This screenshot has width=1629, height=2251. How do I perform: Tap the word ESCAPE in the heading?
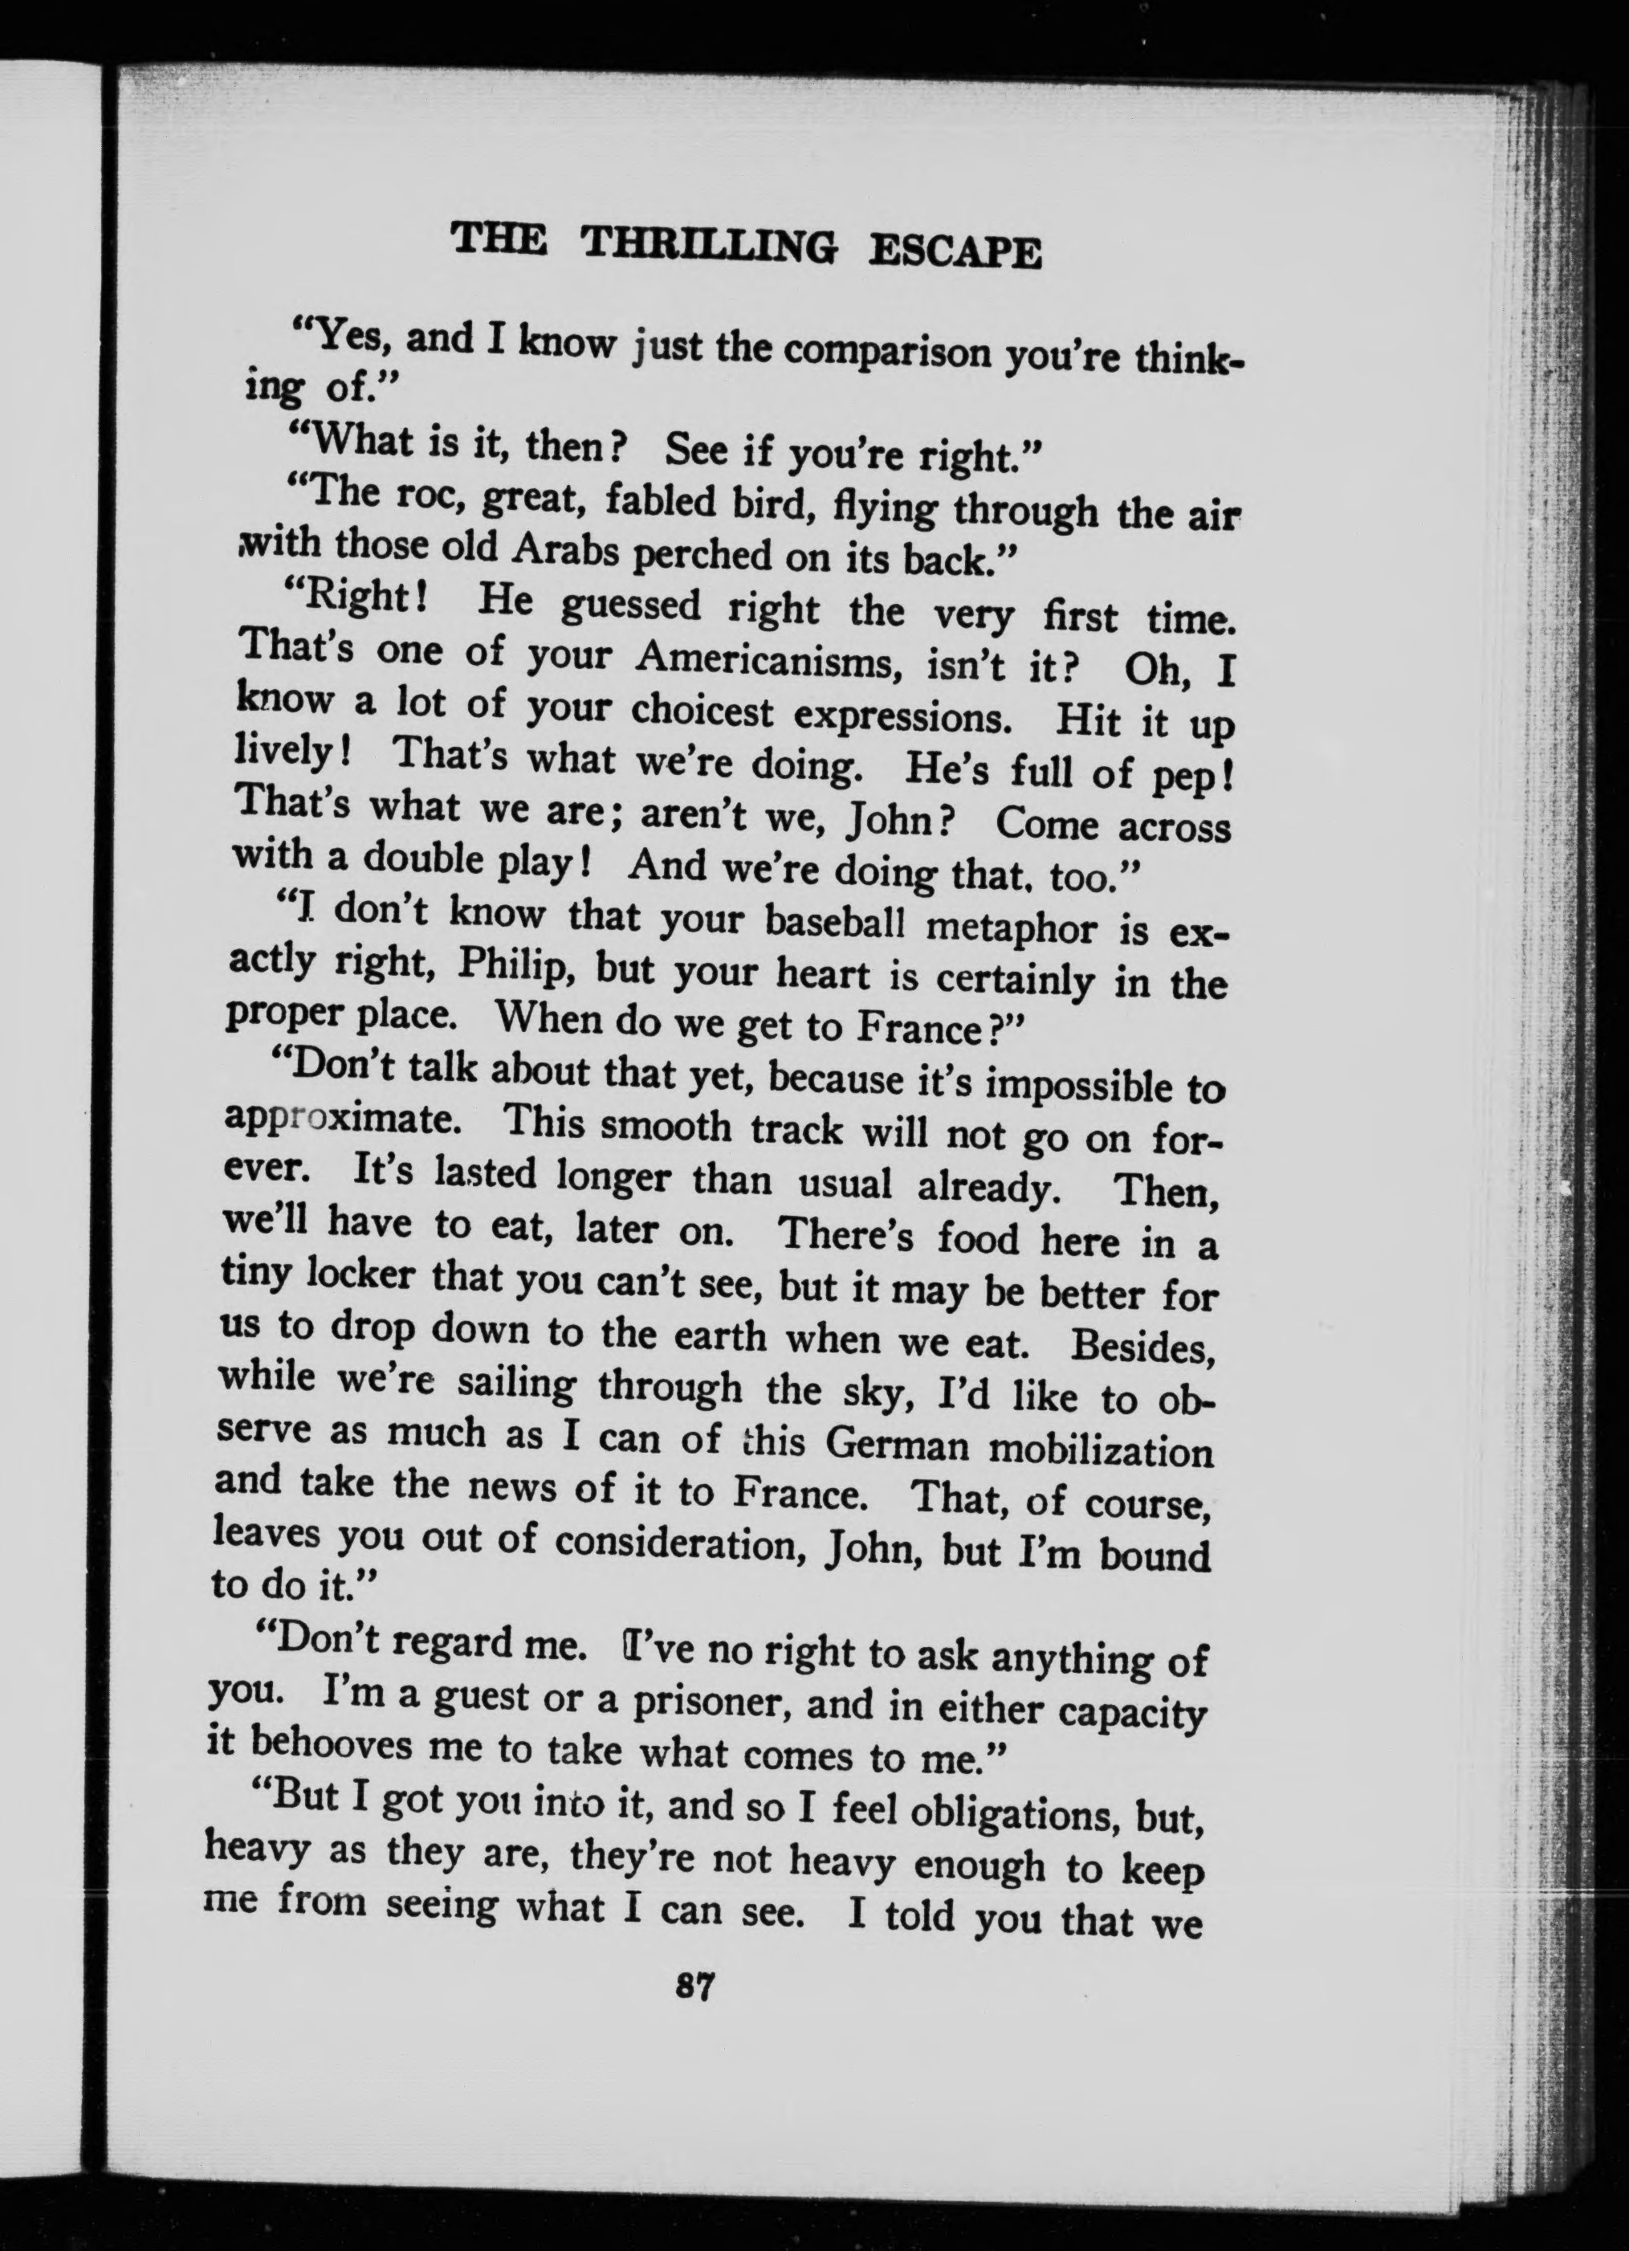[955, 252]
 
